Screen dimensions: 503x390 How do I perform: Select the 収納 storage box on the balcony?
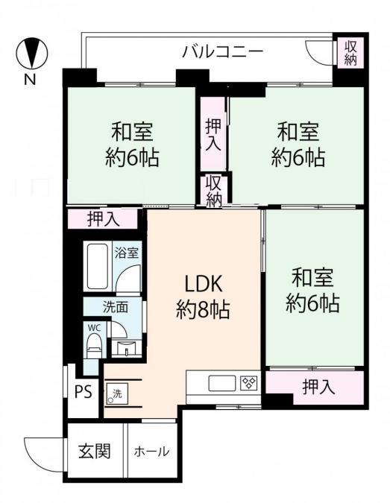tap(350, 52)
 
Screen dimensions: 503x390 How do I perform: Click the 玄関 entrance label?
tap(95, 451)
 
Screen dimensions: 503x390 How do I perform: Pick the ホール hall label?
tap(151, 452)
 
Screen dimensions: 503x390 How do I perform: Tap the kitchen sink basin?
tap(221, 384)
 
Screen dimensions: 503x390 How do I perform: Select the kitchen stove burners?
tap(249, 384)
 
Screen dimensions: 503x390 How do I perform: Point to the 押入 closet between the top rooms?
tap(213, 133)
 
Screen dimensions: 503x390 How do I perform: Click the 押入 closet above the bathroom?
tap(102, 218)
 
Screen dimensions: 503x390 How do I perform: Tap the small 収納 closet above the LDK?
tap(214, 191)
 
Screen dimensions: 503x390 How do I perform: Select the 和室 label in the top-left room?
tap(132, 133)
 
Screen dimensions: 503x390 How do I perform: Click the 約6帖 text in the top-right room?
tap(298, 158)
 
